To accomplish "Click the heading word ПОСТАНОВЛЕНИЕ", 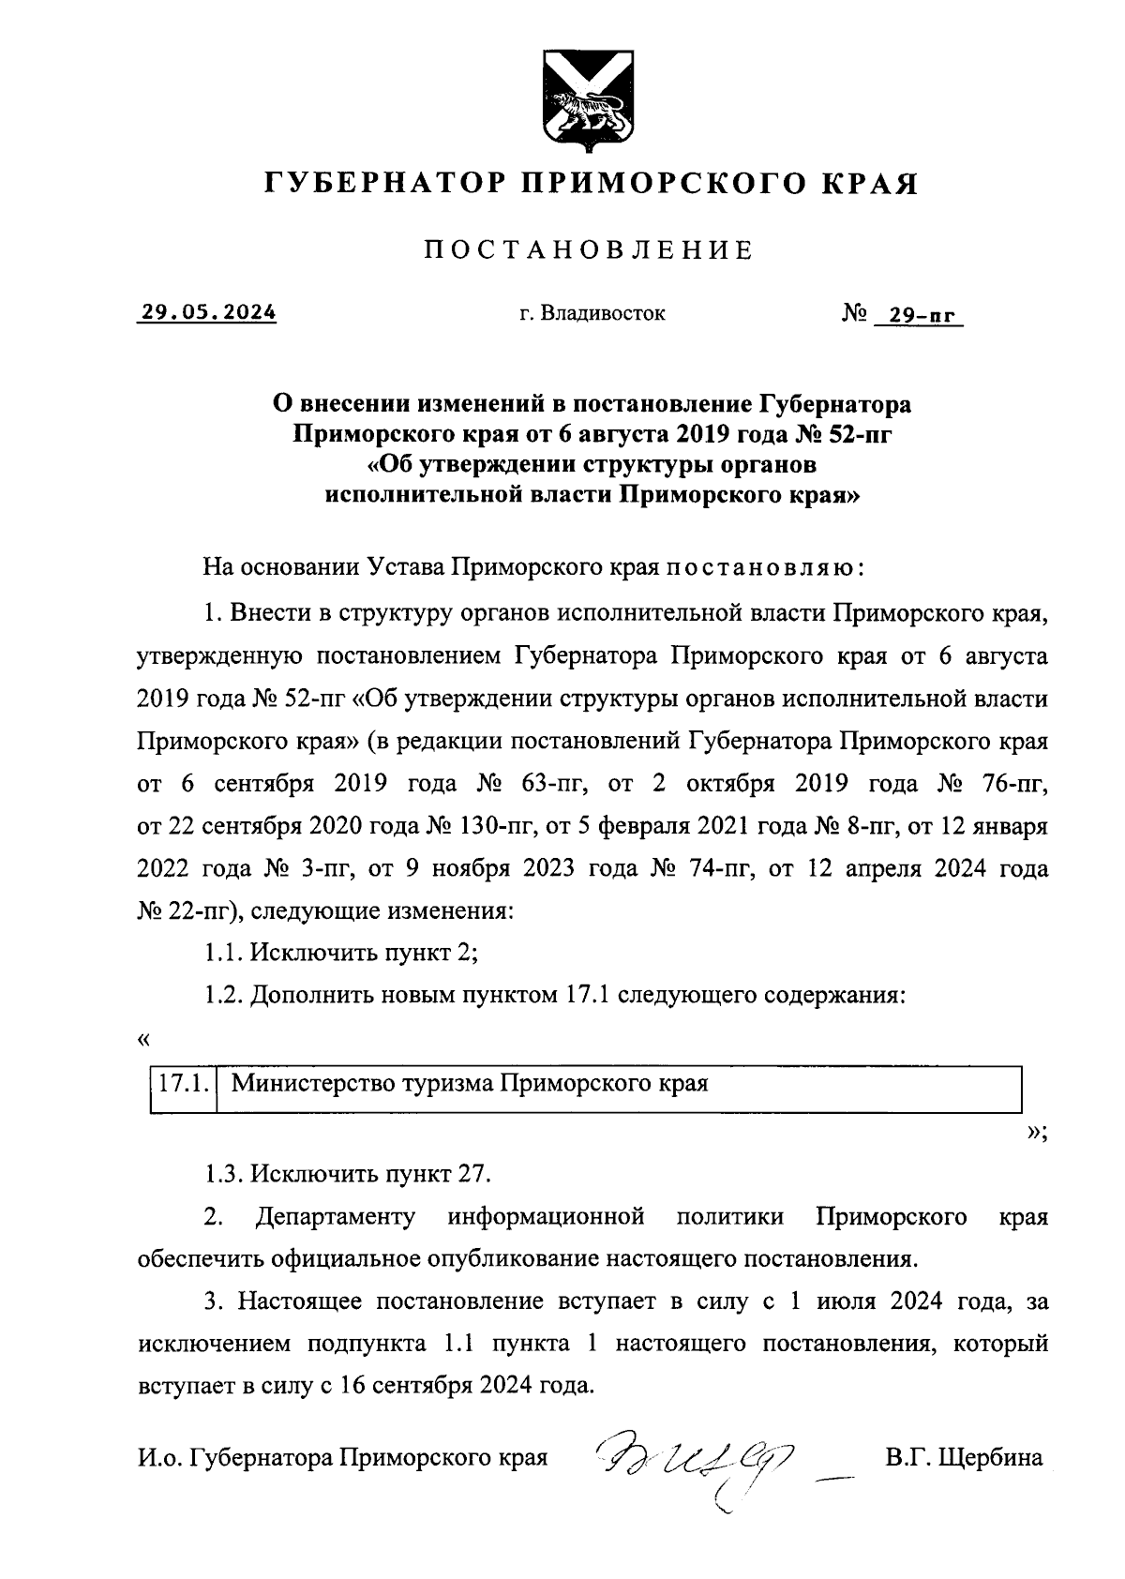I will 590,250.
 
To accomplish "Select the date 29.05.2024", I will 208,313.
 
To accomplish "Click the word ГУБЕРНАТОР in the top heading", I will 385,183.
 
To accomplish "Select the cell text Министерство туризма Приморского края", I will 469,1084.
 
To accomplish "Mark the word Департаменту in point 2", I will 335,1217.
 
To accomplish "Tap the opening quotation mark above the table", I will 142,1040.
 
